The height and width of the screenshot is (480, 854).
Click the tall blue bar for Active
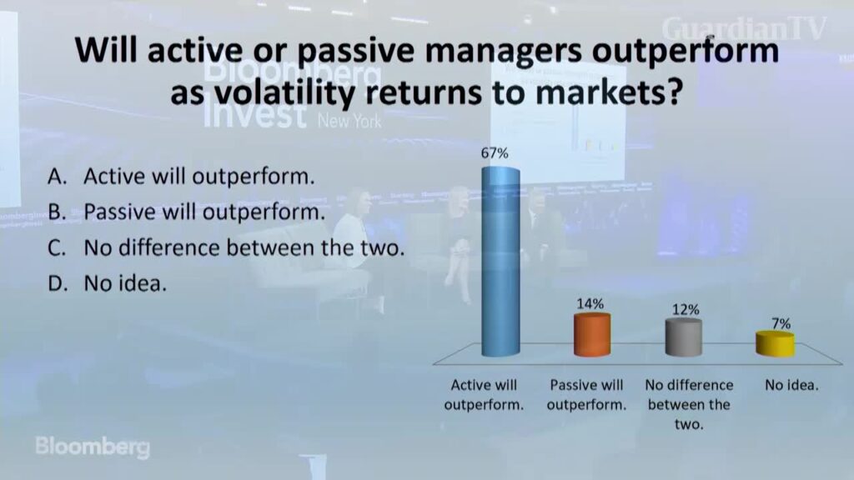[x=500, y=262]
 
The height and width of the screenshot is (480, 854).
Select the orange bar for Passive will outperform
[x=592, y=335]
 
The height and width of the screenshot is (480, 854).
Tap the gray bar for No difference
[x=684, y=337]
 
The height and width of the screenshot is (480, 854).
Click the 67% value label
[x=495, y=153]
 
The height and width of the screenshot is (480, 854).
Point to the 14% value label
[x=590, y=303]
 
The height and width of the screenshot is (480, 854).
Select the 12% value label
[x=686, y=310]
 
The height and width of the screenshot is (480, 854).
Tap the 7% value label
[x=781, y=324]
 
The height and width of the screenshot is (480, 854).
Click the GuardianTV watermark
[x=745, y=28]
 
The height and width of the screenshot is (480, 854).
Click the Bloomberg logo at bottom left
[x=93, y=447]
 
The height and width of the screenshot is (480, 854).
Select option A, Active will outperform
[x=181, y=177]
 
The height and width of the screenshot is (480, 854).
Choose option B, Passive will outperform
[x=186, y=212]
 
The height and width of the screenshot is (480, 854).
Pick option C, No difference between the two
[x=226, y=247]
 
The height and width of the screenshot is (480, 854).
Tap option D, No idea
[x=107, y=283]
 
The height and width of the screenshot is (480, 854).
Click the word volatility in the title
[x=285, y=93]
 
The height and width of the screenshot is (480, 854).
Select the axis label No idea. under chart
[x=791, y=385]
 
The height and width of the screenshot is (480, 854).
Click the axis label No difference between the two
[x=689, y=404]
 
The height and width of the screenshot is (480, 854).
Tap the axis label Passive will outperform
[x=586, y=395]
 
